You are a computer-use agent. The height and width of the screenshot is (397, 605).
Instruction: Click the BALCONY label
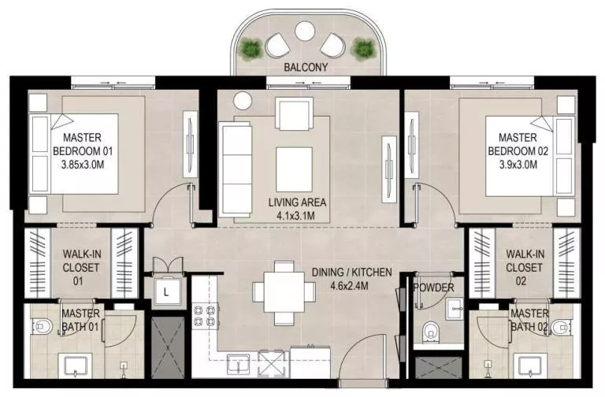tap(306, 68)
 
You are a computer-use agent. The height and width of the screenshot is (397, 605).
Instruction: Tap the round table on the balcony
tap(304, 32)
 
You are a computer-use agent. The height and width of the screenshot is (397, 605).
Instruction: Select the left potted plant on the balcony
tap(251, 49)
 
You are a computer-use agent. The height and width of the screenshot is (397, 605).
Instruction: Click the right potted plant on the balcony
tap(362, 49)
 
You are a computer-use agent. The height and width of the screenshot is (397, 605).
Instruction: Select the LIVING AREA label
tap(297, 202)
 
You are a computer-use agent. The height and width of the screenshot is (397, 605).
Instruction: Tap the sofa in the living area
tap(234, 166)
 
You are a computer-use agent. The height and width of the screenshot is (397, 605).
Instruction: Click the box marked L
tap(166, 291)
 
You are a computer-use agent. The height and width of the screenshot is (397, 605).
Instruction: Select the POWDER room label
tap(433, 288)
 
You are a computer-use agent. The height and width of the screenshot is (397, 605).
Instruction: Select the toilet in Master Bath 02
tap(562, 326)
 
